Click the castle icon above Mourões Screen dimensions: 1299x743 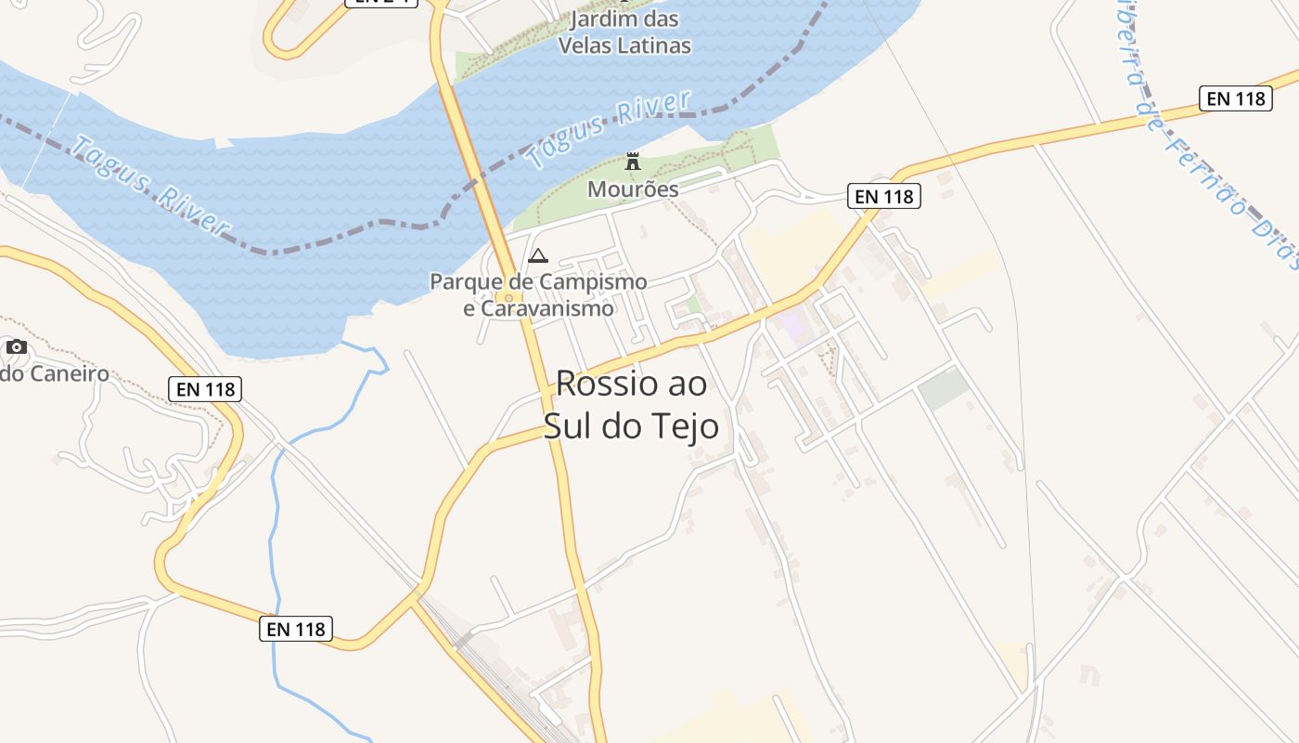633,162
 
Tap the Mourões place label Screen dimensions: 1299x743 633,189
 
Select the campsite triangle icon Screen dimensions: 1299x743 537,256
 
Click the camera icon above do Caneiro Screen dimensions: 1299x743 17,347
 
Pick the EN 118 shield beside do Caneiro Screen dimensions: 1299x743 205,389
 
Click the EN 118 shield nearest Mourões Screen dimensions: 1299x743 883,196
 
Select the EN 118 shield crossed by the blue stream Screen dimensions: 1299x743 295,629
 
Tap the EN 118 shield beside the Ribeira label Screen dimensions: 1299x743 1234,98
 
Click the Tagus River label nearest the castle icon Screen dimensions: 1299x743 609,128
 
